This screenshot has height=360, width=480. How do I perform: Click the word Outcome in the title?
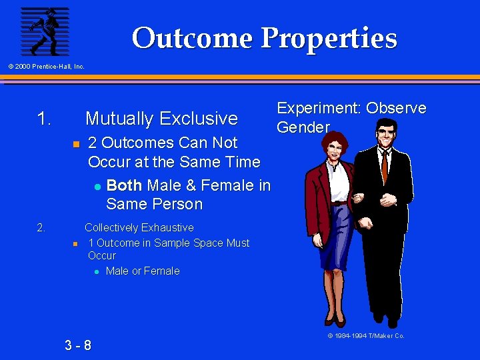pyautogui.click(x=193, y=38)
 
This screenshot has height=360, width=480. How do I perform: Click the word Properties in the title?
pyautogui.click(x=329, y=39)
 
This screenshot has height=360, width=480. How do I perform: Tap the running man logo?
pyautogui.click(x=45, y=31)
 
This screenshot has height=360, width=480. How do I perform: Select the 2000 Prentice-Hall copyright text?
pyautogui.click(x=46, y=66)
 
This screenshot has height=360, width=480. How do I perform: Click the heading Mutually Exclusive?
pyautogui.click(x=161, y=119)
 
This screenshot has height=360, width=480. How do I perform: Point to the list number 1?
pyautogui.click(x=44, y=119)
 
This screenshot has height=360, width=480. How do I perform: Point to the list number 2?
pyautogui.click(x=41, y=228)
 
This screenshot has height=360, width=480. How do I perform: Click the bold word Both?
pyautogui.click(x=124, y=185)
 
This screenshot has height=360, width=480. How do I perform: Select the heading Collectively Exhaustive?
pyautogui.click(x=139, y=228)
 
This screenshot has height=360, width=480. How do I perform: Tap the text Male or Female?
pyautogui.click(x=143, y=271)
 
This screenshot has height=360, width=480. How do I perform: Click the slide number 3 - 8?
pyautogui.click(x=78, y=345)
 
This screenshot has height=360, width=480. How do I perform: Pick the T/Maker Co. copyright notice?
pyautogui.click(x=366, y=336)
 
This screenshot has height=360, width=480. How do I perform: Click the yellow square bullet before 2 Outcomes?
pyautogui.click(x=76, y=144)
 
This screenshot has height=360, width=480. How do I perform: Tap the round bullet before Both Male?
pyautogui.click(x=97, y=187)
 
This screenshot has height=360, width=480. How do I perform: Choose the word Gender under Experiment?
pyautogui.click(x=303, y=127)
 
